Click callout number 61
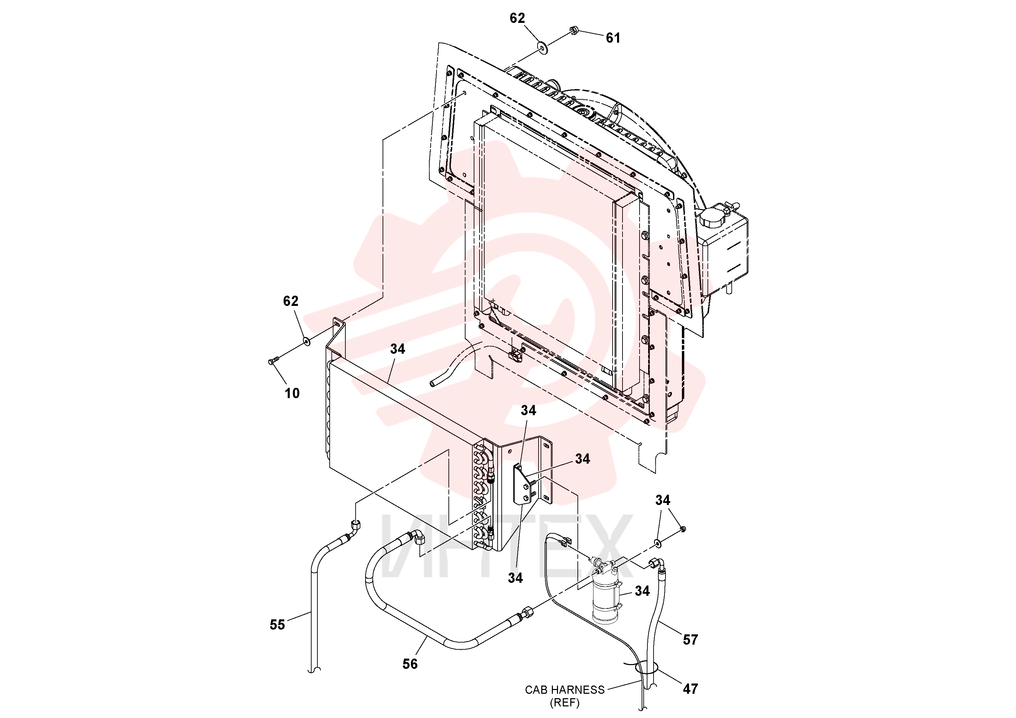[613, 38]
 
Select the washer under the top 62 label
[542, 48]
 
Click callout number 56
[410, 664]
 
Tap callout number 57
[690, 640]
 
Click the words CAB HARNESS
[564, 690]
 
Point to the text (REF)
[564, 703]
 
